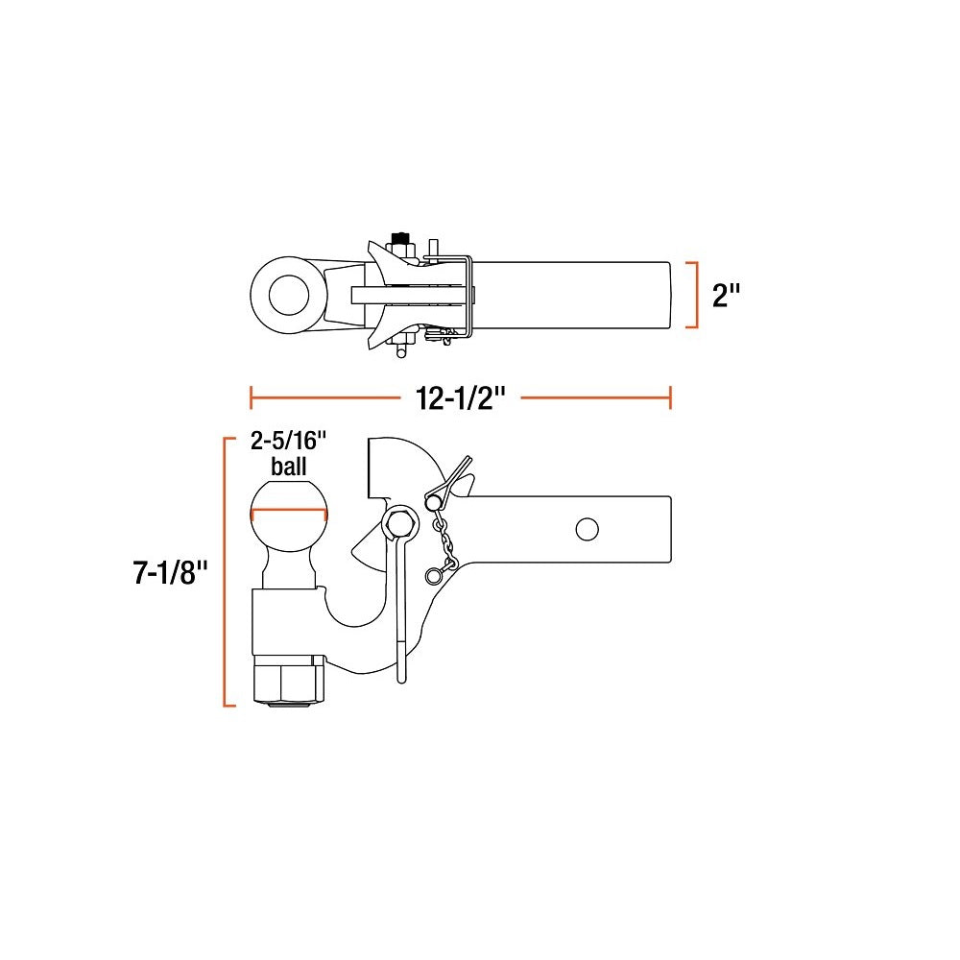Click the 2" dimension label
pyautogui.click(x=726, y=295)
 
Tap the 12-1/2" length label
pyautogui.click(x=461, y=398)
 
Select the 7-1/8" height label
pyautogui.click(x=171, y=573)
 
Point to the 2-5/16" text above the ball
pyautogui.click(x=288, y=441)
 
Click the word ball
pyautogui.click(x=288, y=467)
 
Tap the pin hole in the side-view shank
pyautogui.click(x=588, y=530)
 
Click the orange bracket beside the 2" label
pyautogui.click(x=693, y=295)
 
